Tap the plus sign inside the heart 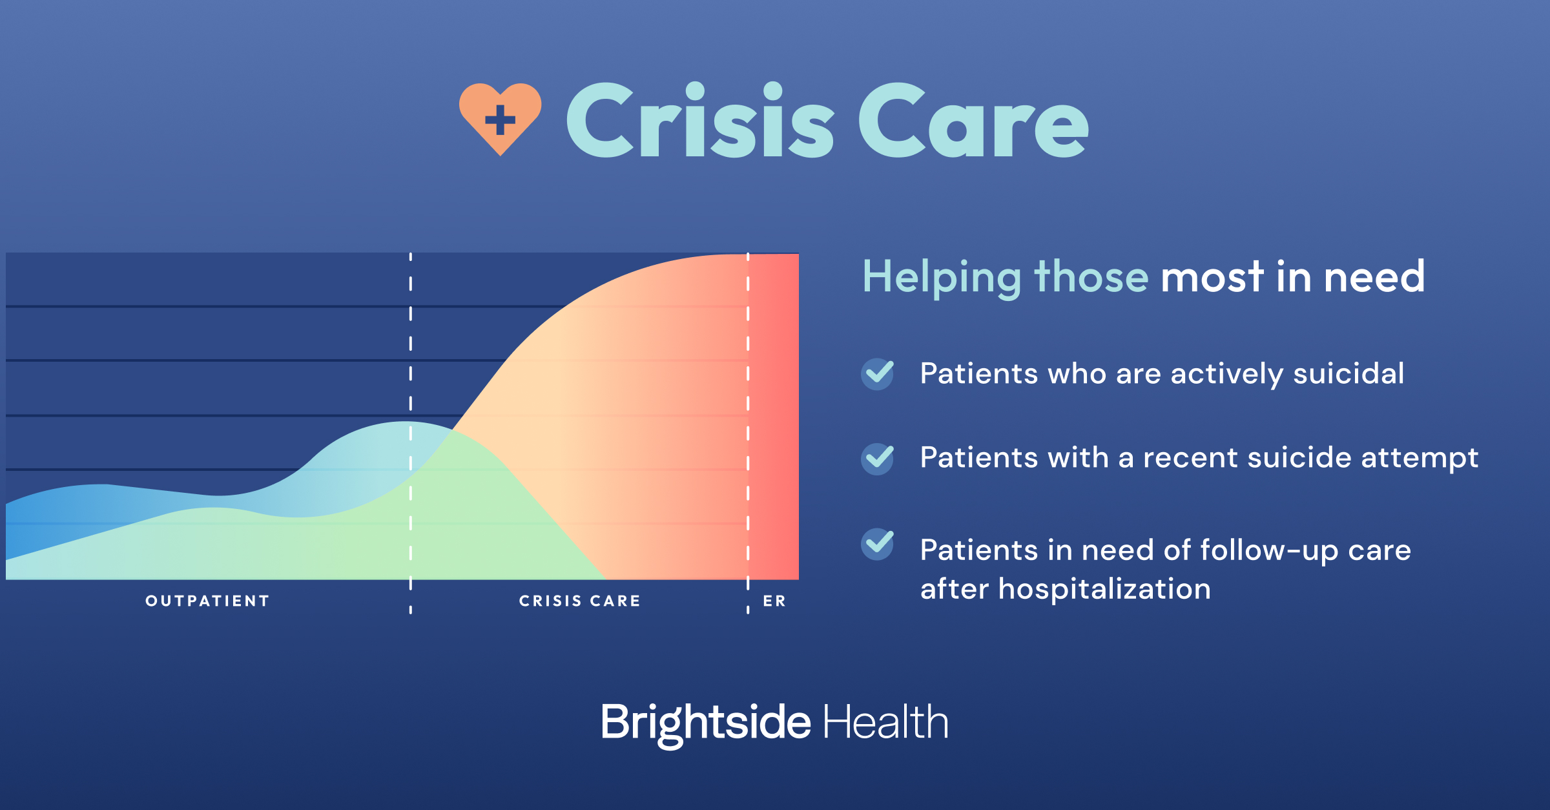(500, 119)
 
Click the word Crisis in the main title (701, 120)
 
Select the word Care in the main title (974, 120)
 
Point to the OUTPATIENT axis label (207, 601)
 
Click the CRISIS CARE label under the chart (580, 601)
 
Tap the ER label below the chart (774, 601)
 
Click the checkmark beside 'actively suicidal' (878, 374)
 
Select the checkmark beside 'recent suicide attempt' (878, 459)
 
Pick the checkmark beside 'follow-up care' (878, 544)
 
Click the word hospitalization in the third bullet (1104, 588)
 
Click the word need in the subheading (1374, 277)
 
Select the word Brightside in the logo (705, 723)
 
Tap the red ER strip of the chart (774, 417)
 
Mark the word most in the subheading (1212, 277)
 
